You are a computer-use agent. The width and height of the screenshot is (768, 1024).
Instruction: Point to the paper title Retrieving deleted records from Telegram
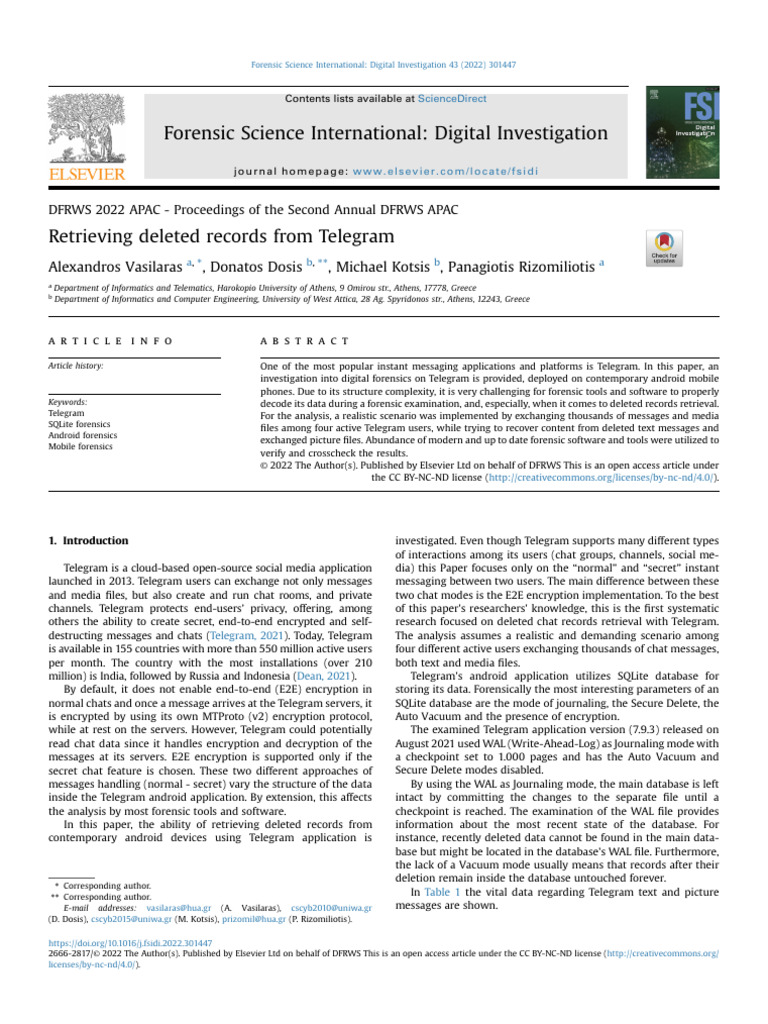pos(221,236)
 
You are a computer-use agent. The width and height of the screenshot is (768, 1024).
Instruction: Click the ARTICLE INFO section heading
pos(110,341)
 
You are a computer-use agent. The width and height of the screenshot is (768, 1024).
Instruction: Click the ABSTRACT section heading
pos(304,341)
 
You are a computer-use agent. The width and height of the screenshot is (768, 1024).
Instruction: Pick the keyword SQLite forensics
pos(81,424)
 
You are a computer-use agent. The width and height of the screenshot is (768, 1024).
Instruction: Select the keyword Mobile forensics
pos(80,446)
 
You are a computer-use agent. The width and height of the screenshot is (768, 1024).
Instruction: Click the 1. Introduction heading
pos(88,541)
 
